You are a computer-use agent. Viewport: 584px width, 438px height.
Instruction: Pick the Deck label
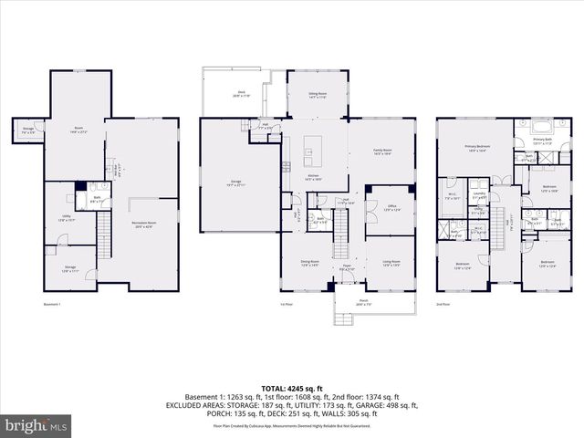(242, 93)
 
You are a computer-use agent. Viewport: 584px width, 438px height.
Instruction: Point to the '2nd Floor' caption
(443, 304)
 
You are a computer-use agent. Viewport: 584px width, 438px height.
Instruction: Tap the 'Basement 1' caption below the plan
(52, 304)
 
